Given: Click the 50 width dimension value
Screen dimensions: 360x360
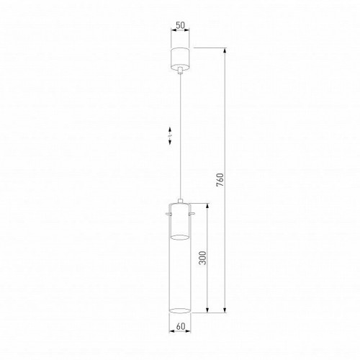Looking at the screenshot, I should point(180,24).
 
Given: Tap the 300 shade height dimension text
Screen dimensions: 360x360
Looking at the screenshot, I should point(204,259).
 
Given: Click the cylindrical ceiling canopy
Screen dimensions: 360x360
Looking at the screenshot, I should point(180,58).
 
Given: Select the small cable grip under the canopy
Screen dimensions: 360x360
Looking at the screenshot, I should point(180,71).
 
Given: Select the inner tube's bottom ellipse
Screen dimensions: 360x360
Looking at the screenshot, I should point(180,236).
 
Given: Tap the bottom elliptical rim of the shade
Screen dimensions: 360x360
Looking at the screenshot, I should point(180,312).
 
